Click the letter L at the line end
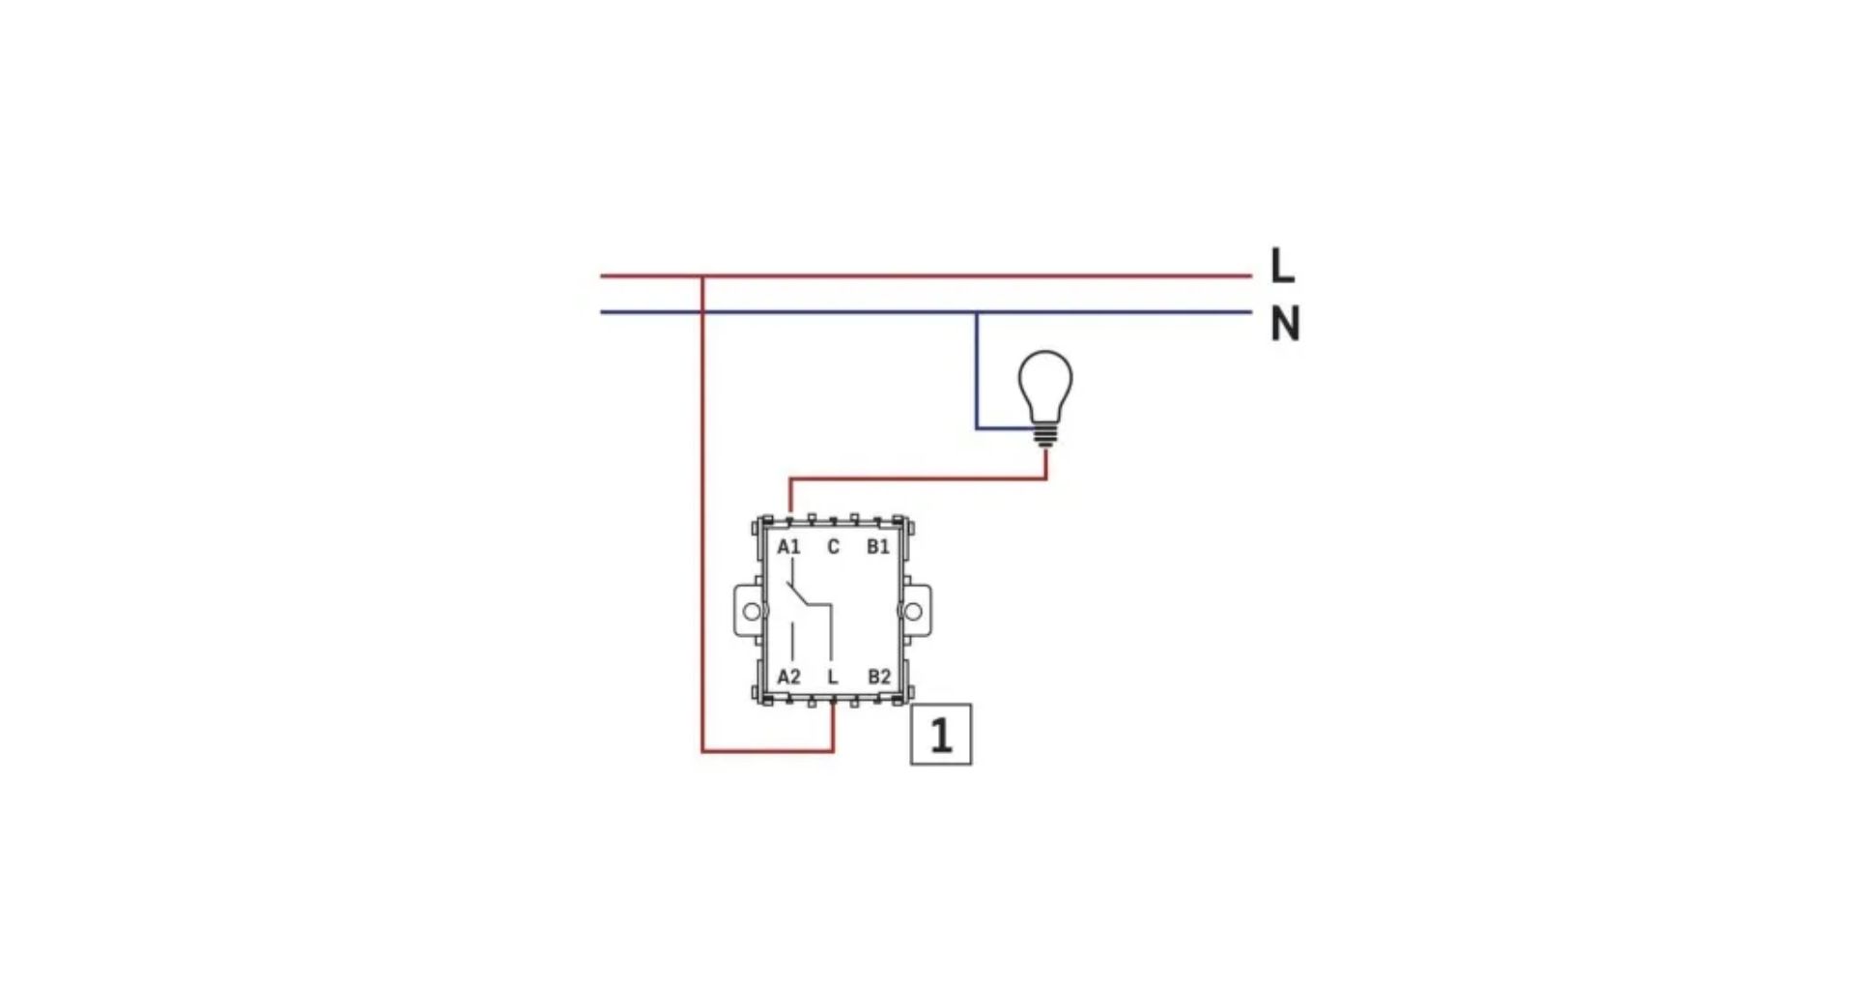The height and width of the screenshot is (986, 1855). coord(1282,265)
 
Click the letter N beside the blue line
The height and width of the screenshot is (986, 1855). coord(1285,324)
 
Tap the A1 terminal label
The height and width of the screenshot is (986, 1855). coord(789,547)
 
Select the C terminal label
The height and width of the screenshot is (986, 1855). coord(834,547)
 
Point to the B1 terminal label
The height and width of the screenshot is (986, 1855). coord(878,547)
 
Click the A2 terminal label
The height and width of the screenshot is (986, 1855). coord(789,677)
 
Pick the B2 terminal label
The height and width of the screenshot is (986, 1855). coord(879,677)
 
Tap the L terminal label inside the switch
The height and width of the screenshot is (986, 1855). coord(833,677)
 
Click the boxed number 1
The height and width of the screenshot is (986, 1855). coord(941,735)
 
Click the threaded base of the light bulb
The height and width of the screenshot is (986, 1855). coord(1045,435)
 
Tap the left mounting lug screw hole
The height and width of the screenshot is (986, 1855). coord(752,611)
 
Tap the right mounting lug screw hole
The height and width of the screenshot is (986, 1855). coord(912,611)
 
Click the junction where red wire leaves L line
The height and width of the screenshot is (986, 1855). coord(702,276)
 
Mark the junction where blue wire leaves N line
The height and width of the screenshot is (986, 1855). coord(976,312)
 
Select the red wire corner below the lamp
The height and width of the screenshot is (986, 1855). coord(1046,478)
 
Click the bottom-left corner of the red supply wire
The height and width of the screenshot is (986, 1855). coord(702,750)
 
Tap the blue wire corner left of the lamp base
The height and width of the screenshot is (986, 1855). coord(977,427)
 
